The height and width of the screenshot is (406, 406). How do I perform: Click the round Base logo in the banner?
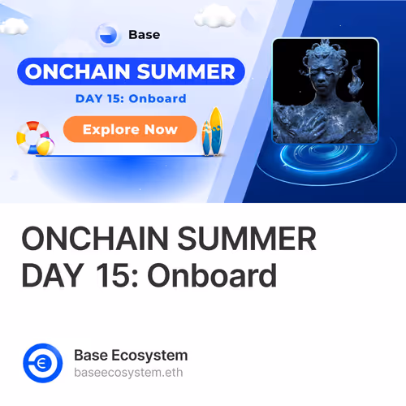(x=107, y=35)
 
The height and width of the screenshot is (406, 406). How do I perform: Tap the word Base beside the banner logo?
(x=145, y=35)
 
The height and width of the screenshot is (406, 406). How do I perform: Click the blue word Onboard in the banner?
(x=159, y=99)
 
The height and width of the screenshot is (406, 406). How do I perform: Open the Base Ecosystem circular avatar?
(x=42, y=363)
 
